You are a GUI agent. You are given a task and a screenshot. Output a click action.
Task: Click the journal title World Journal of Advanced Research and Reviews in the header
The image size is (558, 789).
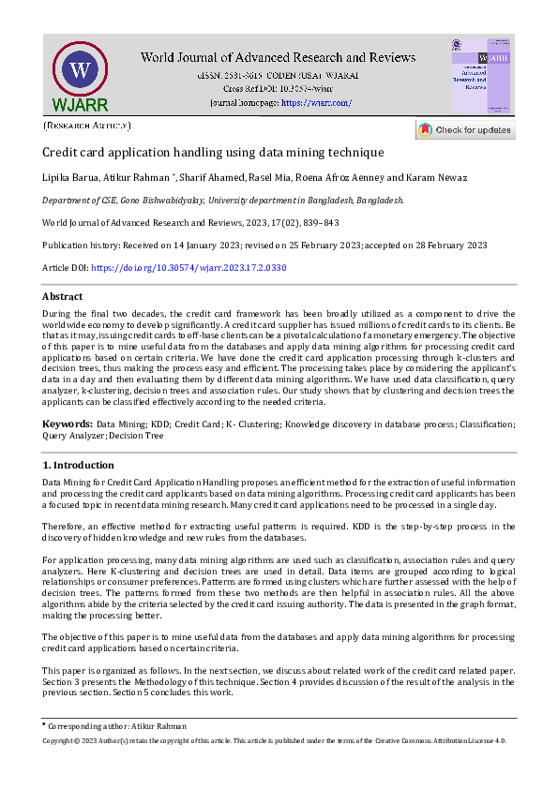pyautogui.click(x=278, y=57)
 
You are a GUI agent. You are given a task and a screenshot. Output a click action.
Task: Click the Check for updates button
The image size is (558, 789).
pyautogui.click(x=465, y=130)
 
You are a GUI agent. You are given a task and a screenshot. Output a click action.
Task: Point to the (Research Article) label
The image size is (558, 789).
pyautogui.click(x=87, y=125)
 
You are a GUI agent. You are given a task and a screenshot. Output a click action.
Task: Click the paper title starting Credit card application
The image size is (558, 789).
pyautogui.click(x=213, y=152)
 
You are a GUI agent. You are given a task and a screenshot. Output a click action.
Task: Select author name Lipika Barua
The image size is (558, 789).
pyautogui.click(x=69, y=177)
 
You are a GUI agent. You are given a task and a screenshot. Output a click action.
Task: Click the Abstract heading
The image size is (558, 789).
pyautogui.click(x=63, y=296)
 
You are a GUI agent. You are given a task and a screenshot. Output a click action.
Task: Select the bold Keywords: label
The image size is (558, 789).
pyautogui.click(x=67, y=424)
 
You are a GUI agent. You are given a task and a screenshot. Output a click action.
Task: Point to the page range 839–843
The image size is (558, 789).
pyautogui.click(x=318, y=223)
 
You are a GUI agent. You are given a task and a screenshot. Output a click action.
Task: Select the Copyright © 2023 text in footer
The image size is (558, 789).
pyautogui.click(x=79, y=740)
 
